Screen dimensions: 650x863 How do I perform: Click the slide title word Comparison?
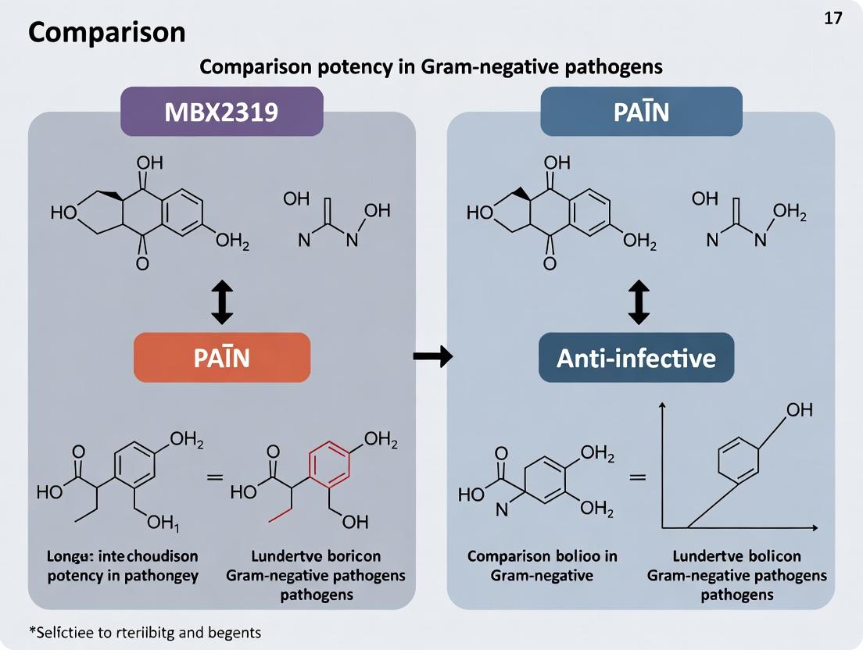tap(107, 32)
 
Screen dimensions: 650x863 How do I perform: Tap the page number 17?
tap(833, 19)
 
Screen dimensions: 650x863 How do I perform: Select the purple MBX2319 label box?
tap(221, 112)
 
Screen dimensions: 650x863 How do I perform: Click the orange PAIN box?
tap(222, 357)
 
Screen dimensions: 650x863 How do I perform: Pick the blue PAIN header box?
tap(640, 112)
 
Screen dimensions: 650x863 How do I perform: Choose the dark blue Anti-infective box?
tap(636, 357)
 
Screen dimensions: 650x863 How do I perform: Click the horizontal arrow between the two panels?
tap(432, 357)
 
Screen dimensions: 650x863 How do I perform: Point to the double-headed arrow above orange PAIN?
tap(222, 303)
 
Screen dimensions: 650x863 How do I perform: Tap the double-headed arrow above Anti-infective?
tap(639, 303)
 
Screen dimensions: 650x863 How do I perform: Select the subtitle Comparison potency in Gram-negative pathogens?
tap(431, 66)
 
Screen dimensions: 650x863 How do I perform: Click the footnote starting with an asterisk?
tap(144, 632)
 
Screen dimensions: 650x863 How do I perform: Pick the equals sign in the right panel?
tap(638, 475)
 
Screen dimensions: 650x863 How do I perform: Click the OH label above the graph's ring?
tap(799, 409)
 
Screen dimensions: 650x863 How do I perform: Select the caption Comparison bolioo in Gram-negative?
tap(542, 566)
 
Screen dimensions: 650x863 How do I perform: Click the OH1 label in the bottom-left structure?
tap(163, 522)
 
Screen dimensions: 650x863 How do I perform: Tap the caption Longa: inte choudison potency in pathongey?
tap(117, 566)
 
